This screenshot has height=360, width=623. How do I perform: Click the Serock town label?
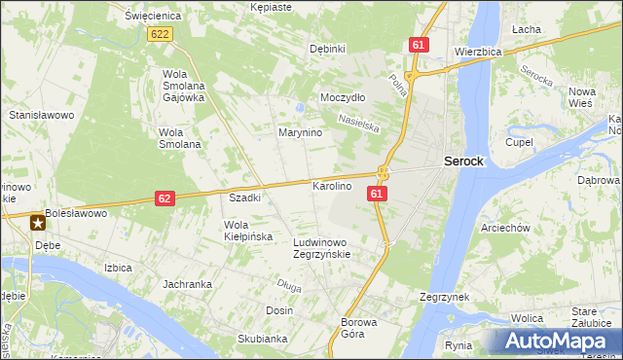point(463,162)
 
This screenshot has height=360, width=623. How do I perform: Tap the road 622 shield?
point(161,34)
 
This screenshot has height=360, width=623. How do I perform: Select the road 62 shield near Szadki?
point(165,198)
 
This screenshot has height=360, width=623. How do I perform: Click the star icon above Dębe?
point(38,223)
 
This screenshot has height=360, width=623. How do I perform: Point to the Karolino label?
point(331,186)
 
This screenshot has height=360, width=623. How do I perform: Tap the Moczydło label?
point(343,98)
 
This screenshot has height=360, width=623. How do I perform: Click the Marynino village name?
point(300,132)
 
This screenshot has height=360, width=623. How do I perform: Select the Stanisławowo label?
point(42,115)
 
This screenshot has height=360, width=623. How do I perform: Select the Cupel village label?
point(519,142)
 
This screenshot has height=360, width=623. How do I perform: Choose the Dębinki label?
point(327,49)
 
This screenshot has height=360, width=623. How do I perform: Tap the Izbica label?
point(118,267)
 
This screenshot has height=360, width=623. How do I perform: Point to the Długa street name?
point(289,285)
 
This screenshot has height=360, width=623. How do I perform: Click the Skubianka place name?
point(262,339)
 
